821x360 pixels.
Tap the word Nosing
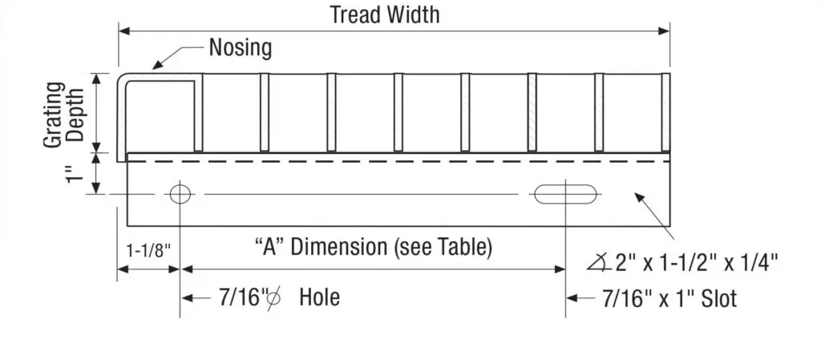pos(240,48)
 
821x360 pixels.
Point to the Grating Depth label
pos(63,112)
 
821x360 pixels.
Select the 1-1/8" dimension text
pos(148,250)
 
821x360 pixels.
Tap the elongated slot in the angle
pos(565,193)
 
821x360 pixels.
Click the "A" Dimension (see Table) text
pos(373,247)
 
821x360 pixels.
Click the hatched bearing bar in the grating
pos(532,111)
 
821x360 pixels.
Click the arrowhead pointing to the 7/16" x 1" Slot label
pos(572,298)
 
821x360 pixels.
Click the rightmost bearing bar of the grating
pos(665,111)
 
